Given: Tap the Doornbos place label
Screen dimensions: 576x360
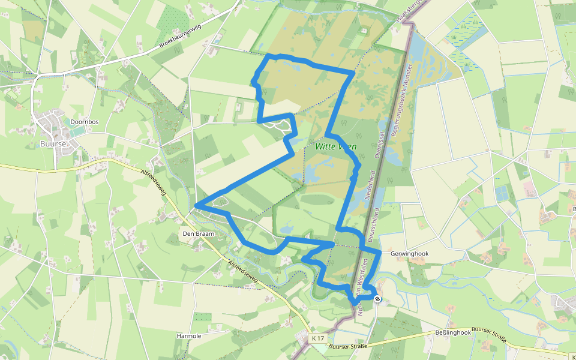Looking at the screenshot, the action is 84,122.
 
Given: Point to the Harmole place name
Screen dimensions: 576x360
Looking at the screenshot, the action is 189,336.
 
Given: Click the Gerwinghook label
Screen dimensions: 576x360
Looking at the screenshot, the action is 410,254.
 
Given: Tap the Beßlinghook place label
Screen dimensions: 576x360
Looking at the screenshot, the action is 453,332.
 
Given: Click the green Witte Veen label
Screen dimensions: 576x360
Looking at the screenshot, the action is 335,146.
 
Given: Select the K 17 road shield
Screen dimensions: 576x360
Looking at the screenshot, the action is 318,339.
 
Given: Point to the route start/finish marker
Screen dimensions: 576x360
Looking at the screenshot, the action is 377,298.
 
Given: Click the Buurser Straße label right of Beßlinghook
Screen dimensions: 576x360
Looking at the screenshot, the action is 489,335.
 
